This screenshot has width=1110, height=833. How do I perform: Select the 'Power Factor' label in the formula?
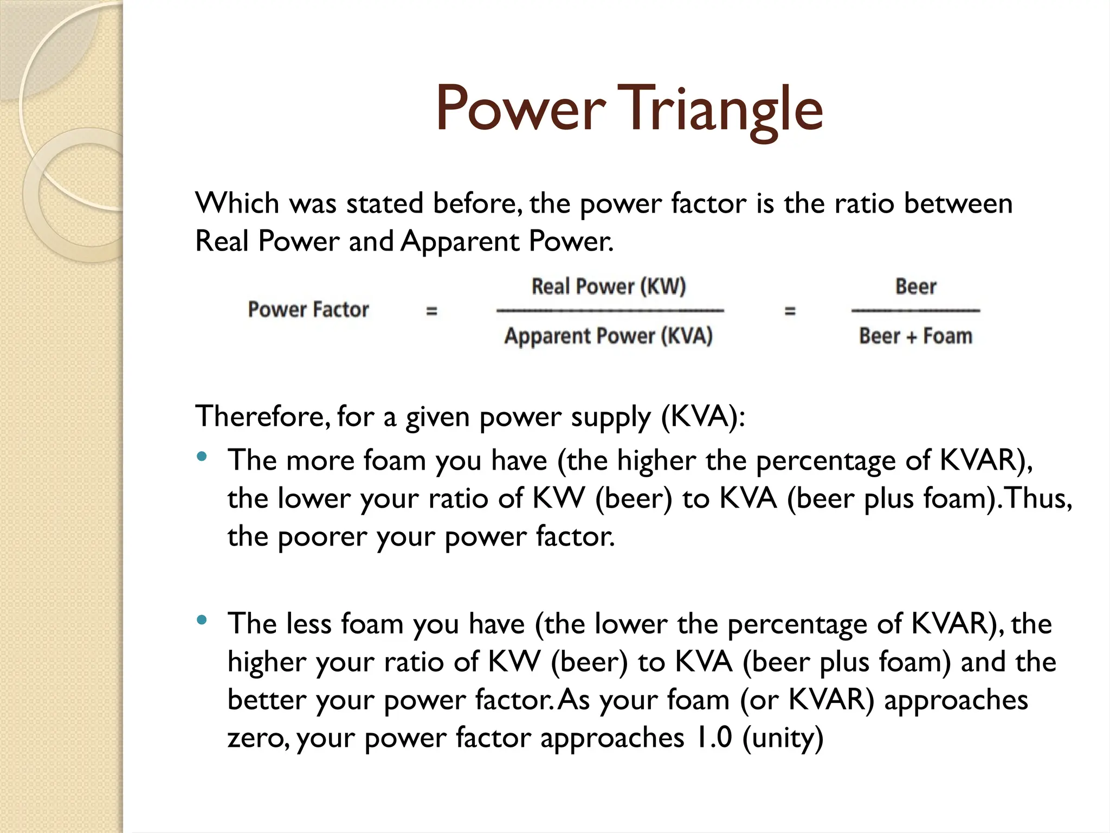pos(308,310)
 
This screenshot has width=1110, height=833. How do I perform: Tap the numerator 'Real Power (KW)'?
pos(609,286)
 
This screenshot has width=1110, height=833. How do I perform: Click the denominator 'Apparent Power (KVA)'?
pos(608,336)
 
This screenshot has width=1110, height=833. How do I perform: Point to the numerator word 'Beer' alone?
pos(915,286)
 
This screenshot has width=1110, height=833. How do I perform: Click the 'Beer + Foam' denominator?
pos(915,336)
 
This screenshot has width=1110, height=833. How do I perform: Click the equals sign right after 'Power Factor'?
pos(431,311)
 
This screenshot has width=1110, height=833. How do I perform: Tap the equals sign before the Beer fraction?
pos(790,311)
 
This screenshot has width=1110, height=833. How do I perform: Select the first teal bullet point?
pos(202,457)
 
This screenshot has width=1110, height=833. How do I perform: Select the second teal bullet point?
pos(202,620)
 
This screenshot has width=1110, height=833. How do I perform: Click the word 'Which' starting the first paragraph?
pos(237,203)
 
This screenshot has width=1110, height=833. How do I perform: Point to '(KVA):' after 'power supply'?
pos(703,416)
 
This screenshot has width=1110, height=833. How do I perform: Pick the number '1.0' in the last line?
pos(713,738)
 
